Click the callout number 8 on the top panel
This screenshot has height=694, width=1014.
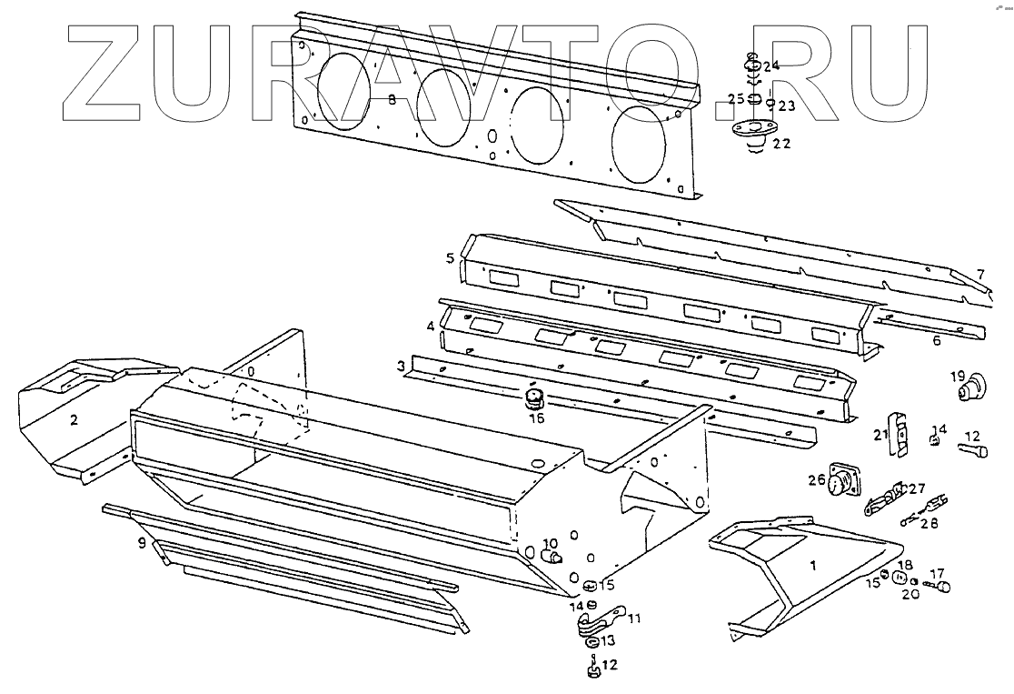tap(393, 99)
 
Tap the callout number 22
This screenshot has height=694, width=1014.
tap(781, 143)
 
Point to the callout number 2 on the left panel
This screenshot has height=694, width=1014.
tap(75, 419)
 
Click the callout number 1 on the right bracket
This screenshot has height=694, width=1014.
tap(813, 565)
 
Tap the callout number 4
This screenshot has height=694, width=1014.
tap(430, 325)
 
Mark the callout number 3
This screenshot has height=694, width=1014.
tap(401, 366)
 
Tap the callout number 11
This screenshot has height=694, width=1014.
tap(634, 619)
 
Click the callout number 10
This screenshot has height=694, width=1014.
tap(549, 544)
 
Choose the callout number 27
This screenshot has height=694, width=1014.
tap(916, 488)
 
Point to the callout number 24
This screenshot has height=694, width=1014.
tap(771, 66)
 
